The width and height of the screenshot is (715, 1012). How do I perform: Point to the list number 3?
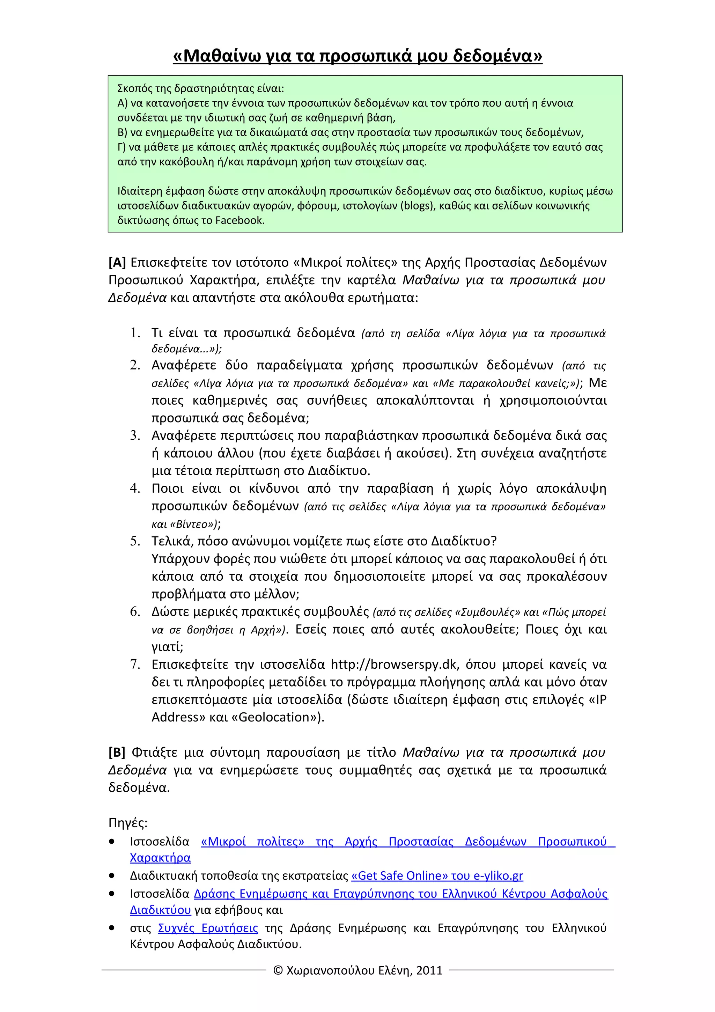pos(135,435)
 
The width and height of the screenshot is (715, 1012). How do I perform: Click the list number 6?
pos(135,611)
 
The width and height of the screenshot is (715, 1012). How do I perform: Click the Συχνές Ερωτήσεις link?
pos(208,928)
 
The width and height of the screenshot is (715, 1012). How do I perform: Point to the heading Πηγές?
pos(128,823)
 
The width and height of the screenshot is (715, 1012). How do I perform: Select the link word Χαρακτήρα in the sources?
pos(160,858)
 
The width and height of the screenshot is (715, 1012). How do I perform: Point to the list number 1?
pos(135,333)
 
